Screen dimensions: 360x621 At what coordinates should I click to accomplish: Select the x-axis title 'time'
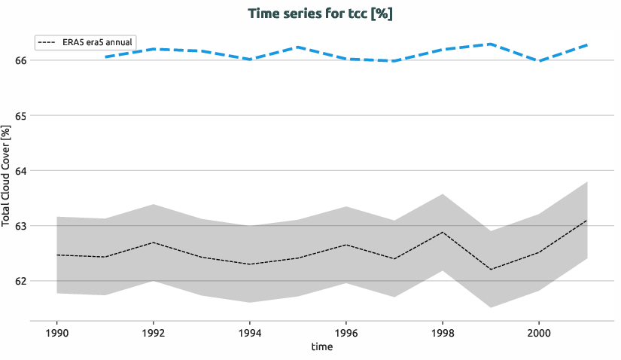point(321,347)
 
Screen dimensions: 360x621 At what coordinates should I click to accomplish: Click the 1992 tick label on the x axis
point(154,332)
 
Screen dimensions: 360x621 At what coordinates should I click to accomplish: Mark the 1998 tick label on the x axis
point(443,332)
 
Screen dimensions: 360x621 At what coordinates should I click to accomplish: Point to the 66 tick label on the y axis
point(21,60)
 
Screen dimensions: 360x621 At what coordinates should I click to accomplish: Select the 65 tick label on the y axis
point(21,116)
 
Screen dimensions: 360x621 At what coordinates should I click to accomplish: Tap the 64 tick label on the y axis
point(21,171)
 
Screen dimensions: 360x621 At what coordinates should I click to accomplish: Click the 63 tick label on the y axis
point(21,226)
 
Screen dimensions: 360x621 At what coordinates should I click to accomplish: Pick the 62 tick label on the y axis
point(21,281)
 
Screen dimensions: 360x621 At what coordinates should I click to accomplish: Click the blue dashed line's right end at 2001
point(586,45)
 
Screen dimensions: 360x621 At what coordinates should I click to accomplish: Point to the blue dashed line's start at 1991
point(105,56)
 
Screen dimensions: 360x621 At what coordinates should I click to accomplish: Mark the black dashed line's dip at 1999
point(491,270)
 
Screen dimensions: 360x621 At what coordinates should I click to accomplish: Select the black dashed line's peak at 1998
point(443,232)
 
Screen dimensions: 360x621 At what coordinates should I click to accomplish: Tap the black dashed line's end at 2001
point(586,221)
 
